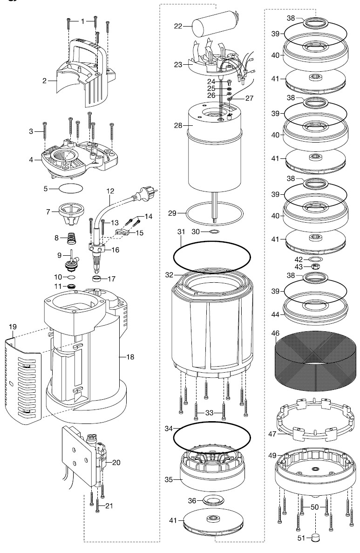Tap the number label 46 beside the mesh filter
tap(276, 333)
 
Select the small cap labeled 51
tap(317, 539)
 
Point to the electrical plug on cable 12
tap(149, 192)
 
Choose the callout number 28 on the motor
tap(178, 125)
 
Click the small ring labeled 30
tap(214, 231)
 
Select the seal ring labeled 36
tap(214, 500)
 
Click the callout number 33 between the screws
tap(209, 413)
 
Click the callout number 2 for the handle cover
tap(45, 80)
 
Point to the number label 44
tap(276, 315)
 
